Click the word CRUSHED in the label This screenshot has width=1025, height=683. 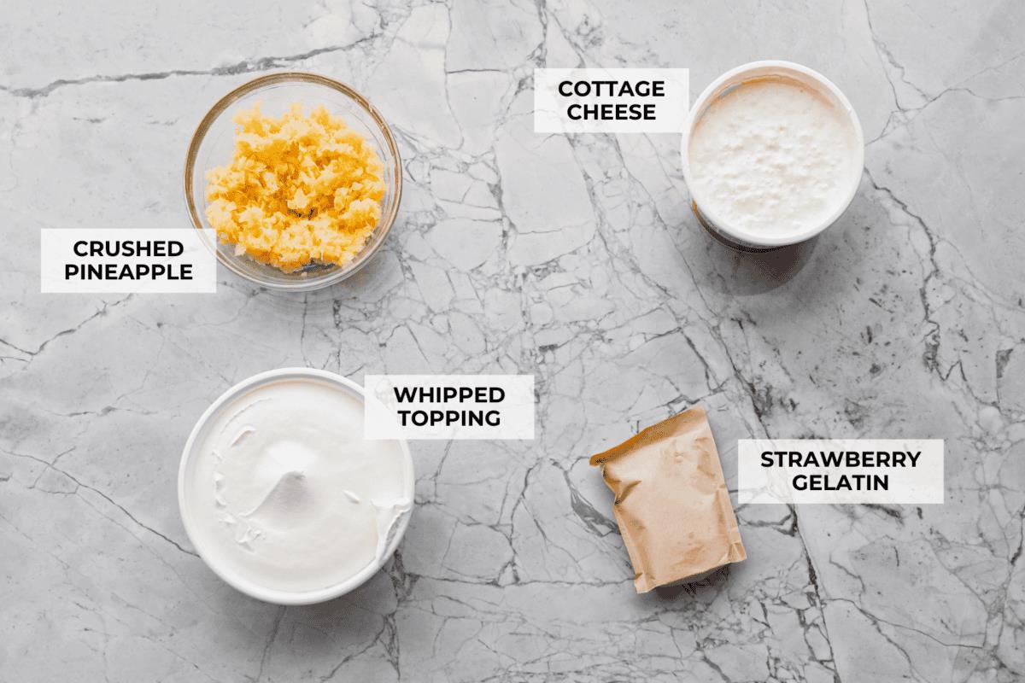click(128, 248)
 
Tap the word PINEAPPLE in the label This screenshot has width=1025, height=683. click(128, 272)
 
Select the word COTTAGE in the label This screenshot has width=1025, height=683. click(611, 89)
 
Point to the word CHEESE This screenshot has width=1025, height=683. click(611, 112)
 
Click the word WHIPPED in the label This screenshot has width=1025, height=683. click(448, 394)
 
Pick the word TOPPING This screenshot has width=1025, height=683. click(448, 418)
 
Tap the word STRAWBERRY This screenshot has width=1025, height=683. click(840, 459)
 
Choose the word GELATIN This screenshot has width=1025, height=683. click(840, 483)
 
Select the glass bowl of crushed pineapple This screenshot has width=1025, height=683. click(293, 179)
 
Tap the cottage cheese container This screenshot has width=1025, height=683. click(771, 154)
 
